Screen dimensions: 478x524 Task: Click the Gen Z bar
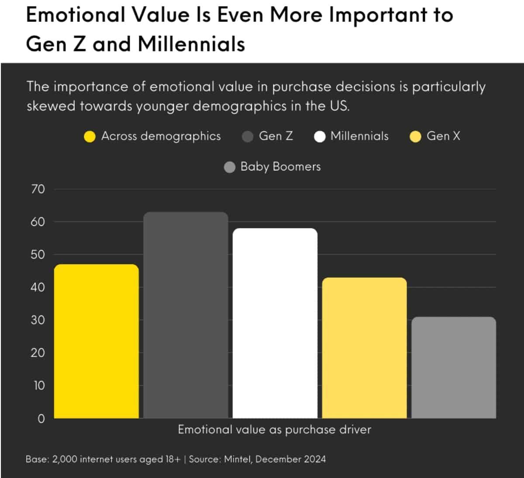pyautogui.click(x=186, y=315)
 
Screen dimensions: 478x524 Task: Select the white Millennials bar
pyautogui.click(x=275, y=323)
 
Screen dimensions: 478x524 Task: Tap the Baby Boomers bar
pyautogui.click(x=454, y=367)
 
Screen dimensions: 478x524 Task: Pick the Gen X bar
pyautogui.click(x=364, y=348)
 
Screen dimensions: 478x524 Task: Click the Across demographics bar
pyautogui.click(x=97, y=341)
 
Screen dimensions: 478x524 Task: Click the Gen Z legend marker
pyautogui.click(x=248, y=137)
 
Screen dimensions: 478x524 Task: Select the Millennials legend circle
pyautogui.click(x=320, y=137)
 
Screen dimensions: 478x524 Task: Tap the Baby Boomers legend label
pyautogui.click(x=280, y=166)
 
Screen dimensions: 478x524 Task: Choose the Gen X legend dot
pyautogui.click(x=415, y=137)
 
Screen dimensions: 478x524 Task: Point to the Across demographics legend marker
pyautogui.click(x=90, y=137)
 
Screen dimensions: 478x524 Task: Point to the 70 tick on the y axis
pyautogui.click(x=38, y=189)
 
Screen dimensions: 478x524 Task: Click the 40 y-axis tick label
pyautogui.click(x=38, y=287)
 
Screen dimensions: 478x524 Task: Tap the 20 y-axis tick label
pyautogui.click(x=38, y=353)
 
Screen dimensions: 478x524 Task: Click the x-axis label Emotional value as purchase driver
pyautogui.click(x=274, y=430)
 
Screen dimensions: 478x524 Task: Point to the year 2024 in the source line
pyautogui.click(x=313, y=459)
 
